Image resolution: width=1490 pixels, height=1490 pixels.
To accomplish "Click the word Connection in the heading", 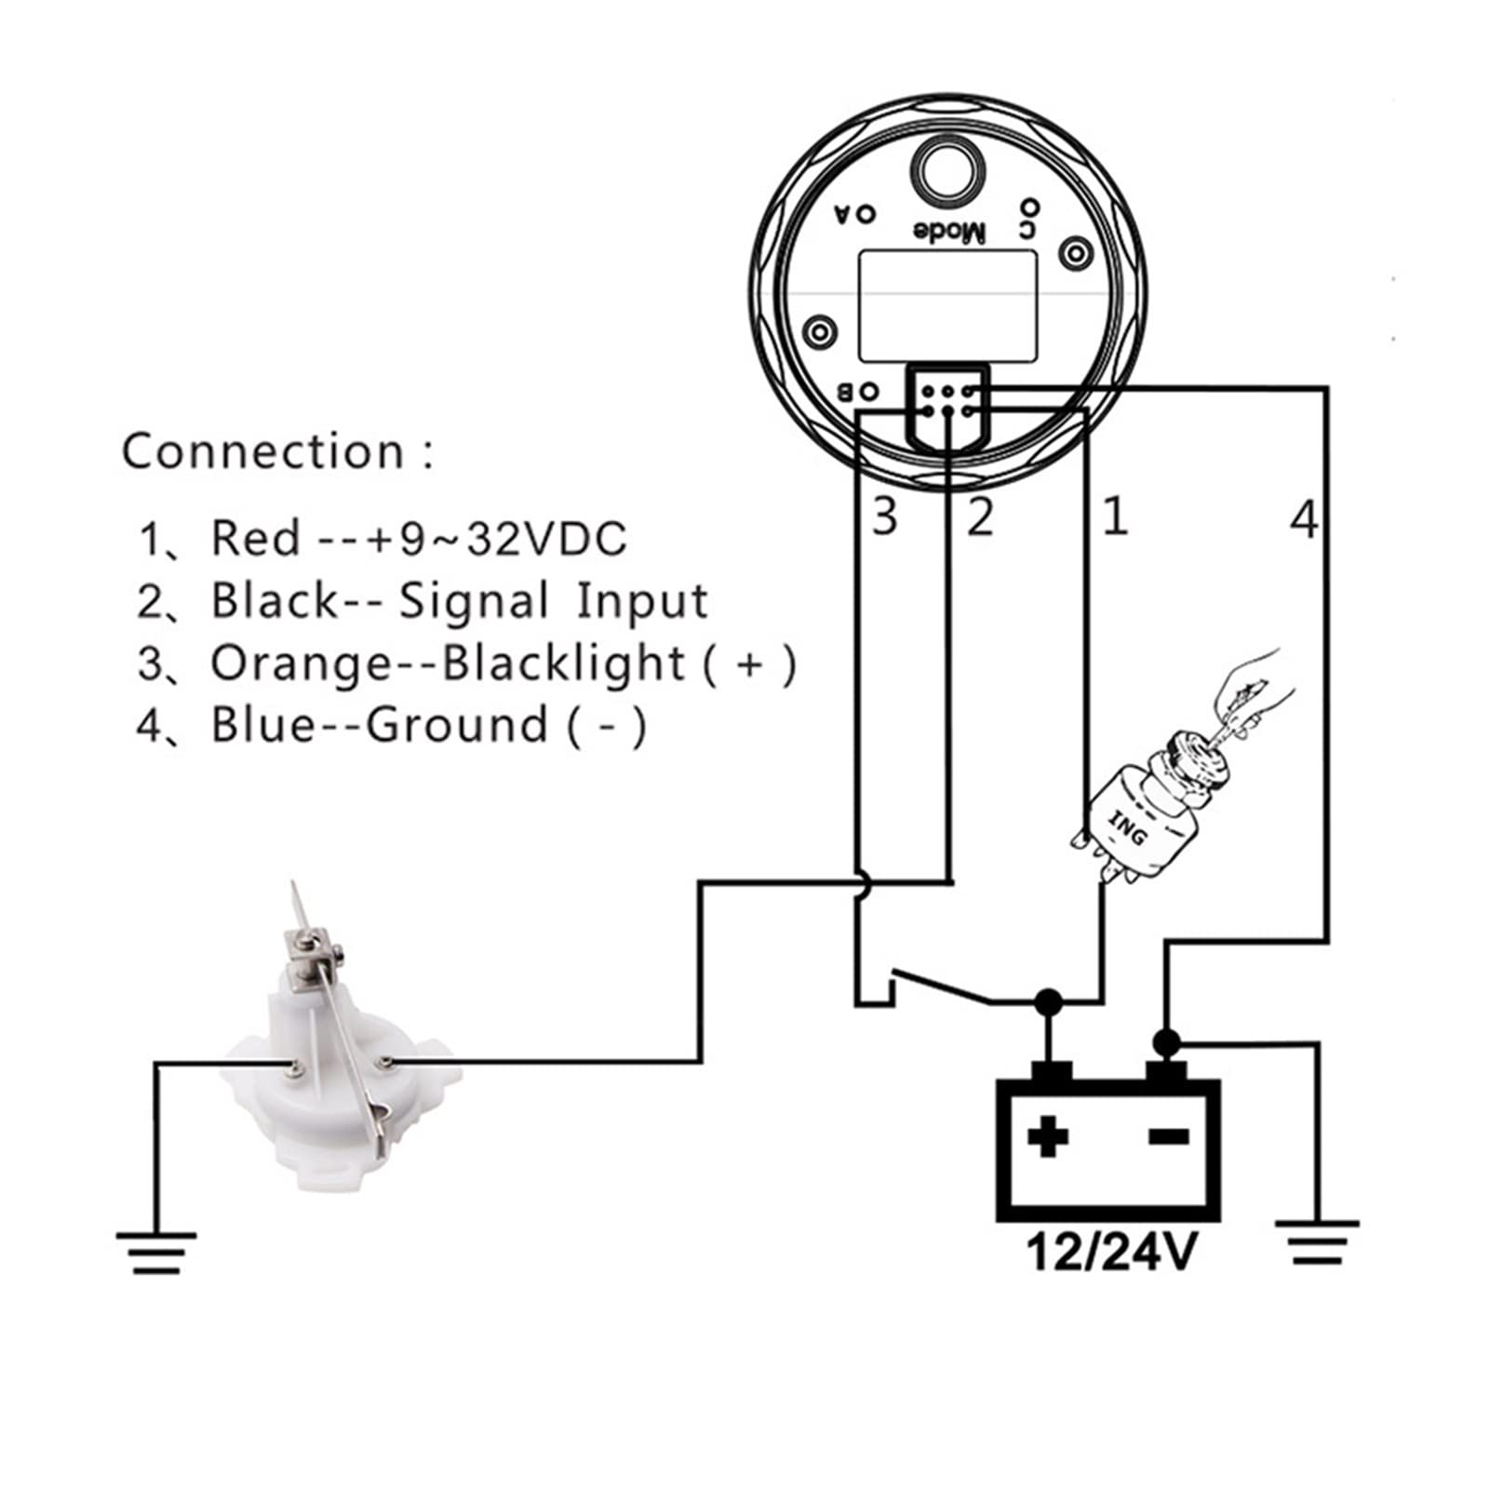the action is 263,451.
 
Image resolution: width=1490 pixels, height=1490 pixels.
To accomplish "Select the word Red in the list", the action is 255,539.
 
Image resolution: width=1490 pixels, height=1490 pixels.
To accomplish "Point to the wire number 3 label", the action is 884,517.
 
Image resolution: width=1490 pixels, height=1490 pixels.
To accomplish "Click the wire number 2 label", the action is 980,517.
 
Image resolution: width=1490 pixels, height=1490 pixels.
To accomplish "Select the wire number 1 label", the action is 1115,517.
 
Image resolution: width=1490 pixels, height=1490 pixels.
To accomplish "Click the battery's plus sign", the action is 1048,1136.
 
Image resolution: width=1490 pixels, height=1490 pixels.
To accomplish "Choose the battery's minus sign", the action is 1170,1136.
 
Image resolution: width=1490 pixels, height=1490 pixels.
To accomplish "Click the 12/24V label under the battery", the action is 1109,1252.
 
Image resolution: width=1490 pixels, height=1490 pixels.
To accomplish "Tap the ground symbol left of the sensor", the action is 156,1252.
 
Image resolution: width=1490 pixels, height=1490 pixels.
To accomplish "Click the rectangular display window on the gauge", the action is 946,305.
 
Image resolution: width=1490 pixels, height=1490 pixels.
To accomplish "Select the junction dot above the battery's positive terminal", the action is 1049,1002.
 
